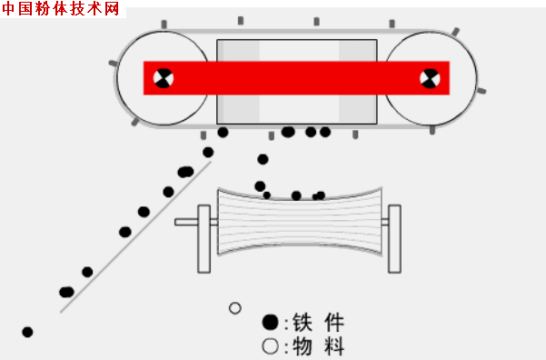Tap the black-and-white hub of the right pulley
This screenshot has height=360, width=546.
point(429,78)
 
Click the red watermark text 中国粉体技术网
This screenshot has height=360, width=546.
point(61,9)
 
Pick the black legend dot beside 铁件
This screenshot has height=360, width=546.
point(270,322)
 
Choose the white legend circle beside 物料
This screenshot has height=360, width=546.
point(270,345)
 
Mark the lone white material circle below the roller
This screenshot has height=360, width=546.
point(235,308)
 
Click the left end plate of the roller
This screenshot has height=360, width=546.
point(204,239)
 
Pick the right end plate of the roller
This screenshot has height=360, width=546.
point(394,239)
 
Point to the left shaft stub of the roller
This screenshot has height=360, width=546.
point(186,221)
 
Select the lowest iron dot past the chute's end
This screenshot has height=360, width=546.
point(27,332)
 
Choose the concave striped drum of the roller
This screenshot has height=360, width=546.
point(299,230)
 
